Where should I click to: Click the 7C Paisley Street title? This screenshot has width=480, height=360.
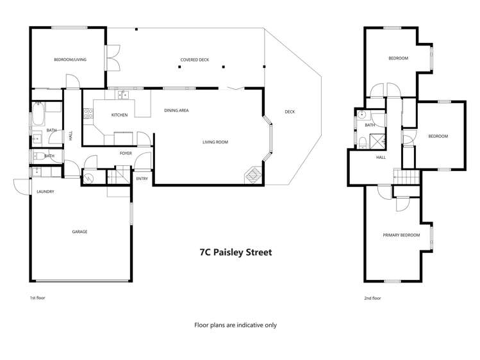coord(235,252)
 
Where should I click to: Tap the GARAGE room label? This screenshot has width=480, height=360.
coord(79,232)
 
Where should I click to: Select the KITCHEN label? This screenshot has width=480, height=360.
coord(120,115)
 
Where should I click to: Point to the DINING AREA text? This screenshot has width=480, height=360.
coord(176,111)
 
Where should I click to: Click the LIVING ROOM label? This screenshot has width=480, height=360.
coord(215,142)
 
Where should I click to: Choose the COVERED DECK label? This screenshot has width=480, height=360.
coord(195,60)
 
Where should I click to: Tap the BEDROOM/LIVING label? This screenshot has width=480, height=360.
coord(70,60)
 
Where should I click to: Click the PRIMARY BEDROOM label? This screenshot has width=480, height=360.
coord(401,235)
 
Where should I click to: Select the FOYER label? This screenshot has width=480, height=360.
coord(126,154)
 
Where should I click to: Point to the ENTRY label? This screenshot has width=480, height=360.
coord(142,179)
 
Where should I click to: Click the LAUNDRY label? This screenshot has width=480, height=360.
coord(45,192)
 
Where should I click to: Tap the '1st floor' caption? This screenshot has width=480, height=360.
coord(37,299)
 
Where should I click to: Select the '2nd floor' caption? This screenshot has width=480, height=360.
coord(372,299)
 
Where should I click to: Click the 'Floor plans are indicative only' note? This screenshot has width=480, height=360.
coord(235,325)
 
